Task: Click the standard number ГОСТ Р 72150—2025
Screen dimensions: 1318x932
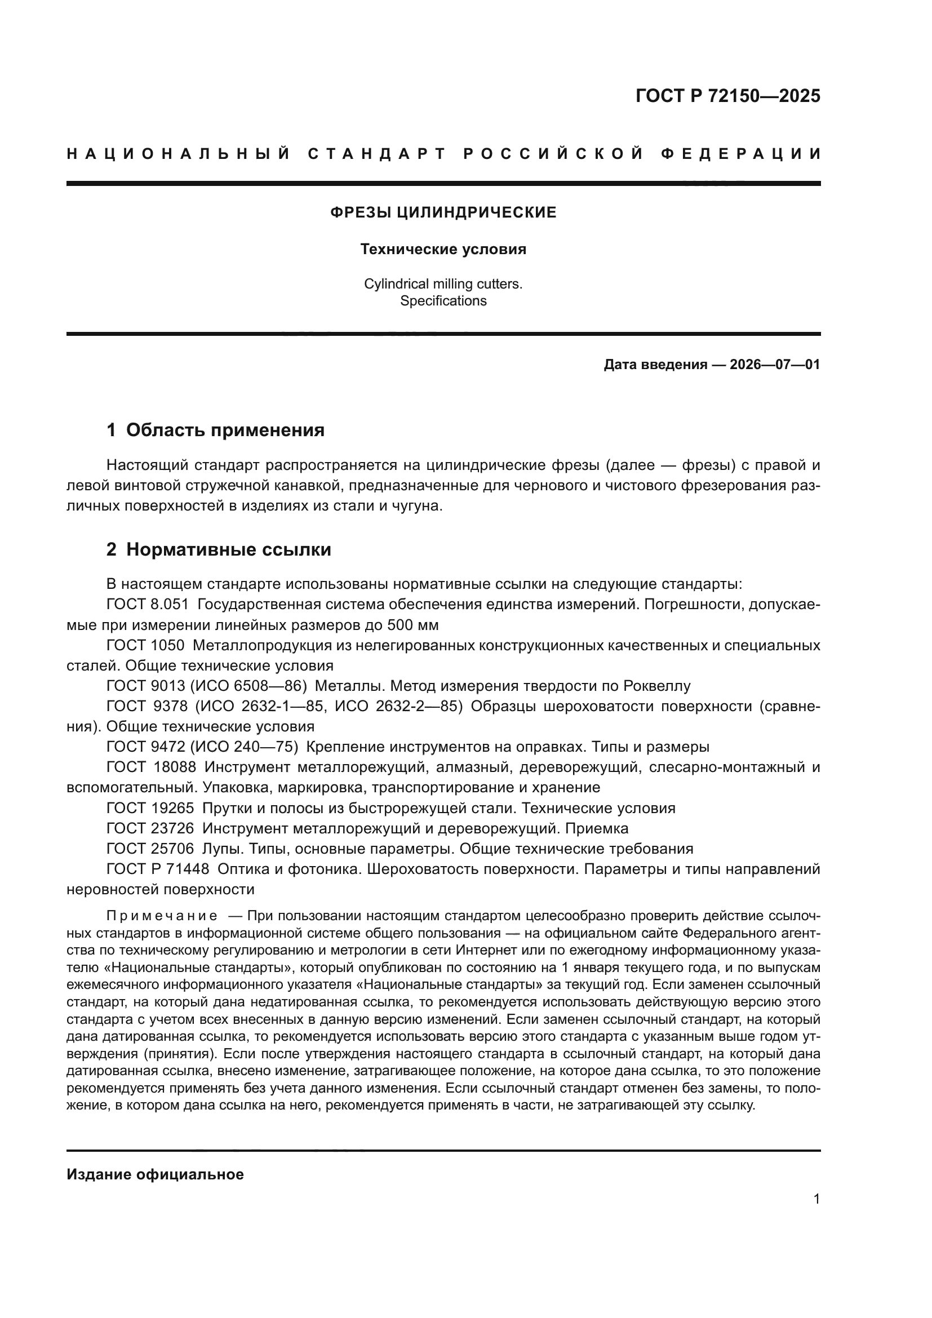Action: coord(727,96)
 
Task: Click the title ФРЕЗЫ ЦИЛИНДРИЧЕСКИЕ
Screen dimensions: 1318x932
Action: coord(443,212)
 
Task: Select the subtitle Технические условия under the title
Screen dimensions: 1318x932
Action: coord(443,249)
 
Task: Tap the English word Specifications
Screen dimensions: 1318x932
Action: coord(443,301)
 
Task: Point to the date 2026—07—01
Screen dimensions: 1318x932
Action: coord(775,365)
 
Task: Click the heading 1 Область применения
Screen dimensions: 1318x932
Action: coord(215,430)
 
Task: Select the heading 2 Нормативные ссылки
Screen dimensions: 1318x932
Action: coord(219,549)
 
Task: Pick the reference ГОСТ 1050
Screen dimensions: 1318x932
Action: coord(145,645)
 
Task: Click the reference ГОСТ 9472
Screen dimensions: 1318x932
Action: coord(145,747)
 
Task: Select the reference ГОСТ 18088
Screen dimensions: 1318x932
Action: coord(151,767)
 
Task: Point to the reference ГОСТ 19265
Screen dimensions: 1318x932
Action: coord(150,808)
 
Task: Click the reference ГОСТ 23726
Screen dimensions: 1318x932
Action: coord(150,828)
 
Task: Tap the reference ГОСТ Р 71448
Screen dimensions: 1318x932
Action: coord(158,869)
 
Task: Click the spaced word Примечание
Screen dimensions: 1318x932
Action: coord(162,915)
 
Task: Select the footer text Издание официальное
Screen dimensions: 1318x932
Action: coord(155,1174)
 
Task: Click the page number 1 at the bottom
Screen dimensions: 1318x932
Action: coord(816,1199)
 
